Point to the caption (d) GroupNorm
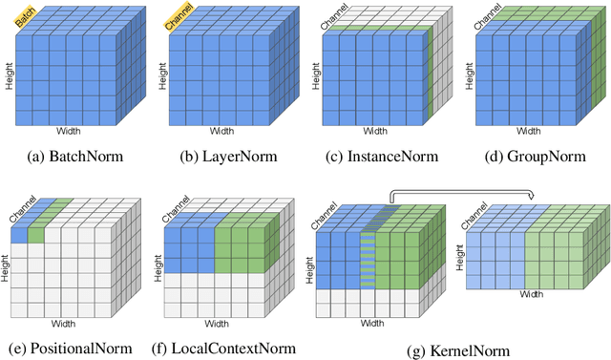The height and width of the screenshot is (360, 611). (532, 157)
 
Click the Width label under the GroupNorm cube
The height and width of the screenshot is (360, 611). (528, 132)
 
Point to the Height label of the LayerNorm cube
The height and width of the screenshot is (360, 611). (160, 77)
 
